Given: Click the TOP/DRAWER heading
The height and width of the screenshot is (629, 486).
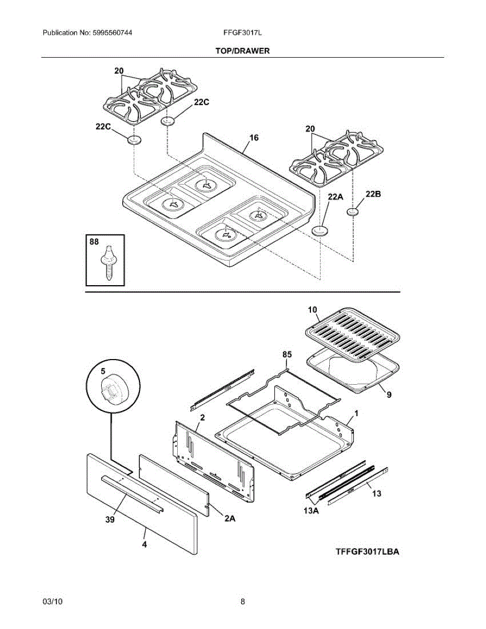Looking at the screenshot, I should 242,51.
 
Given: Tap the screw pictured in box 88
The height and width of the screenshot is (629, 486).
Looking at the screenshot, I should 109,262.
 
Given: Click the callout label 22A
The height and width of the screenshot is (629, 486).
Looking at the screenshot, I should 335,197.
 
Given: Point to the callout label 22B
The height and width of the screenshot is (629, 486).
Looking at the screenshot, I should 373,194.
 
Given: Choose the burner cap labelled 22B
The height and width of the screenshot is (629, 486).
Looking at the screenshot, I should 353,211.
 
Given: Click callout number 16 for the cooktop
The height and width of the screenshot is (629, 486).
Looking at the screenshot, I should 254,138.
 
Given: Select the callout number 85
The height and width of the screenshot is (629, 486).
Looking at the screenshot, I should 286,355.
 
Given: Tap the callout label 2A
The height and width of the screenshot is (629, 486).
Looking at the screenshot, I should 230,518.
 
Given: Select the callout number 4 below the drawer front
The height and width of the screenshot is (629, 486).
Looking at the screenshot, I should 144,545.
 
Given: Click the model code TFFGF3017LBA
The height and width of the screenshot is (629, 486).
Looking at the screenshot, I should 368,551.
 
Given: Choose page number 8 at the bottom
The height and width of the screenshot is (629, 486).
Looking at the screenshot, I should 243,602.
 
